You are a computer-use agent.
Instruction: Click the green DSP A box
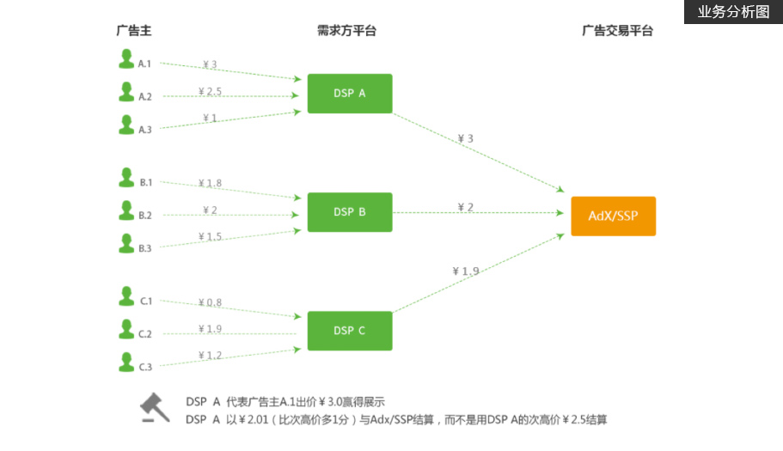[x=350, y=94]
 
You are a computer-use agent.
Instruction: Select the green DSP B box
[x=350, y=212]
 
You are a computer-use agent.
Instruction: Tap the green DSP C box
[x=350, y=331]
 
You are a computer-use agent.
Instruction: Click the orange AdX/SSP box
[x=613, y=216]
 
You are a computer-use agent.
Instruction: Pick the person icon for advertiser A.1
[x=126, y=59]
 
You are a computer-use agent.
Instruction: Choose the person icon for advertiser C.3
[x=126, y=363]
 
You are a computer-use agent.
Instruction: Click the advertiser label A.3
[x=145, y=130]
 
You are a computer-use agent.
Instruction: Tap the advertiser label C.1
[x=146, y=302]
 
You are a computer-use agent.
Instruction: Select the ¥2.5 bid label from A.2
[x=210, y=91]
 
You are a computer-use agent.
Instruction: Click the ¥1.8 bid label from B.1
[x=210, y=183]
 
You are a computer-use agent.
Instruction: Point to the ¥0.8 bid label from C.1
[x=210, y=302]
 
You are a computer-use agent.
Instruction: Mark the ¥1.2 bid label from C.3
[x=210, y=356]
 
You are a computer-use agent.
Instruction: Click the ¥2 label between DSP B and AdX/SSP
[x=465, y=207]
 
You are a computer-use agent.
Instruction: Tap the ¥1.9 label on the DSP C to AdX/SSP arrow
[x=465, y=271]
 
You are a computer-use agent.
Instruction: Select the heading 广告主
[x=134, y=31]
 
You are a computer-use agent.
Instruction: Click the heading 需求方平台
[x=346, y=31]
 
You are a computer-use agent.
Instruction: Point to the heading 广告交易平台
[x=617, y=31]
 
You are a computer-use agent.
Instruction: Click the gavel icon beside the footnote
[x=155, y=409]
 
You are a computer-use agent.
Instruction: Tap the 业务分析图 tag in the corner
[x=733, y=12]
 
